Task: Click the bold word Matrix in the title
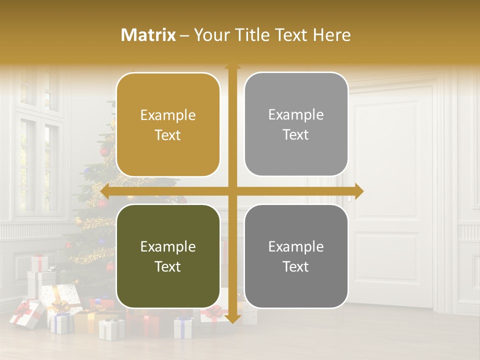[x=148, y=35]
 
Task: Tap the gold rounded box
[x=168, y=125]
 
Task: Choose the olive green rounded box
[x=168, y=256]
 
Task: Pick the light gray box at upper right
[x=296, y=124]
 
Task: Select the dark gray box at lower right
[x=296, y=256]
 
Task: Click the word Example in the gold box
[x=168, y=115]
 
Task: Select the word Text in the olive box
[x=168, y=266]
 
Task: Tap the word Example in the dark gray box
[x=296, y=246]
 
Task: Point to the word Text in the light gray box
[x=296, y=135]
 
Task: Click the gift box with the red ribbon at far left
[x=26, y=313]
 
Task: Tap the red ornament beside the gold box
[x=105, y=152]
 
